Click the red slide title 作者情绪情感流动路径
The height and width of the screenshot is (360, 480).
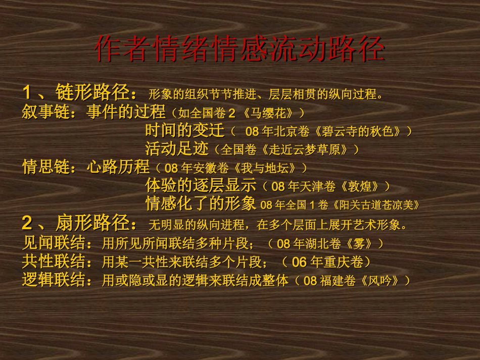tap(239, 48)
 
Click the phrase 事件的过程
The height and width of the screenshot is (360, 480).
tap(126, 111)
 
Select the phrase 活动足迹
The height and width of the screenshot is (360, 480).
tap(177, 149)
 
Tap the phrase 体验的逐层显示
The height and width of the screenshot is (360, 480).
tap(201, 185)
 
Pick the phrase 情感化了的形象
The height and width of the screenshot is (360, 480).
tap(201, 204)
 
